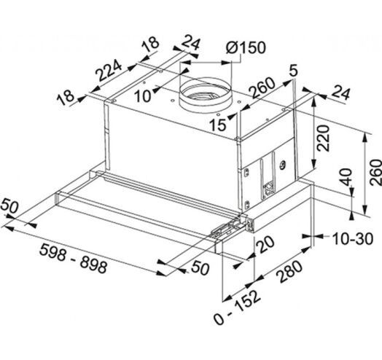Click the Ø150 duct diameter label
click(246, 47)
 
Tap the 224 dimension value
click(109, 71)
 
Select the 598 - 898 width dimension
click(73, 259)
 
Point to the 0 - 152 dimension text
click(238, 308)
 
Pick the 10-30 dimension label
click(353, 239)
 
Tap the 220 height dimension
click(323, 138)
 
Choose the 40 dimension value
click(346, 177)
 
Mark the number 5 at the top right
click(294, 71)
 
